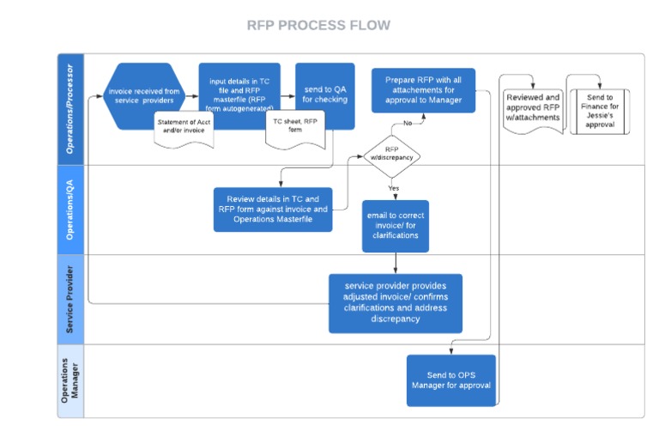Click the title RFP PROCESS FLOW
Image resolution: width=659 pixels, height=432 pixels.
tap(318, 25)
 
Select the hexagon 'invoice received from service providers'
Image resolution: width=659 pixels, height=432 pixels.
tap(144, 95)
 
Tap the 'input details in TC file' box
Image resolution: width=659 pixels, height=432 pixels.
tap(239, 91)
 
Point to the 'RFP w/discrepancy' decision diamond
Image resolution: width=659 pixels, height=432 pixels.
tap(391, 153)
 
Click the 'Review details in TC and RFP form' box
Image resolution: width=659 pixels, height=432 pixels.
tap(273, 209)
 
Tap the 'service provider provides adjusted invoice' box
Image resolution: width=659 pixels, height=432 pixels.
tap(395, 302)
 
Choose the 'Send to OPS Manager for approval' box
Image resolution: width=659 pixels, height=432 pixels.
tap(450, 380)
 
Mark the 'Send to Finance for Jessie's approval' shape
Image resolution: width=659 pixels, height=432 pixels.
tap(600, 111)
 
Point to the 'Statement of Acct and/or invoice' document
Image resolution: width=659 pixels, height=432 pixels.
tap(184, 127)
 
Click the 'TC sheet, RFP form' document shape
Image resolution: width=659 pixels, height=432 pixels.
tap(294, 127)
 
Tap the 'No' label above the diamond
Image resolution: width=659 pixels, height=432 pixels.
tap(408, 123)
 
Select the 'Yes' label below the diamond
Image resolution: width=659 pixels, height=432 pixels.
tap(393, 187)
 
